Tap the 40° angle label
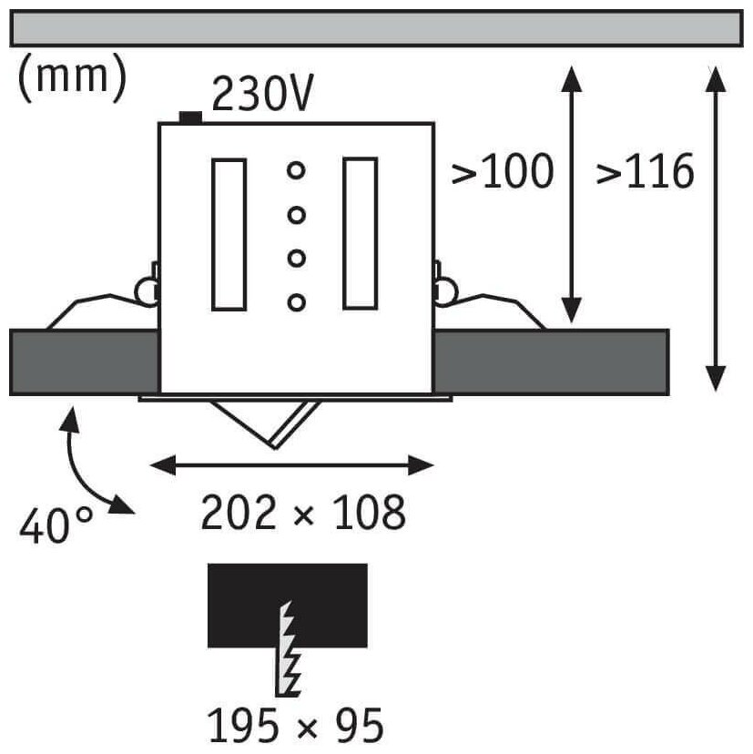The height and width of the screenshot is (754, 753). point(54,526)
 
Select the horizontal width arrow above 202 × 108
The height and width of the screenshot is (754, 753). point(292,465)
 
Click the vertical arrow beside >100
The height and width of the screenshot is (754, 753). point(571,195)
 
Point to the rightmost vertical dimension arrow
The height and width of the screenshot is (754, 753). point(715,228)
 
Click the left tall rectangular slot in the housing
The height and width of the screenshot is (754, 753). point(228,233)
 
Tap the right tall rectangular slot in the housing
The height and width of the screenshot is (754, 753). point(360,233)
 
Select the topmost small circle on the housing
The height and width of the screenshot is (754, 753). point(295,170)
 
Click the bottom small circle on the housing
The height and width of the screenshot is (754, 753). point(295,301)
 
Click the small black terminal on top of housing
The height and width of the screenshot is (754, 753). point(191,117)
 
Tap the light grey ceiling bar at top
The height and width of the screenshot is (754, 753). point(375,29)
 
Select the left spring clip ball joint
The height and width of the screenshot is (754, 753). point(146,290)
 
